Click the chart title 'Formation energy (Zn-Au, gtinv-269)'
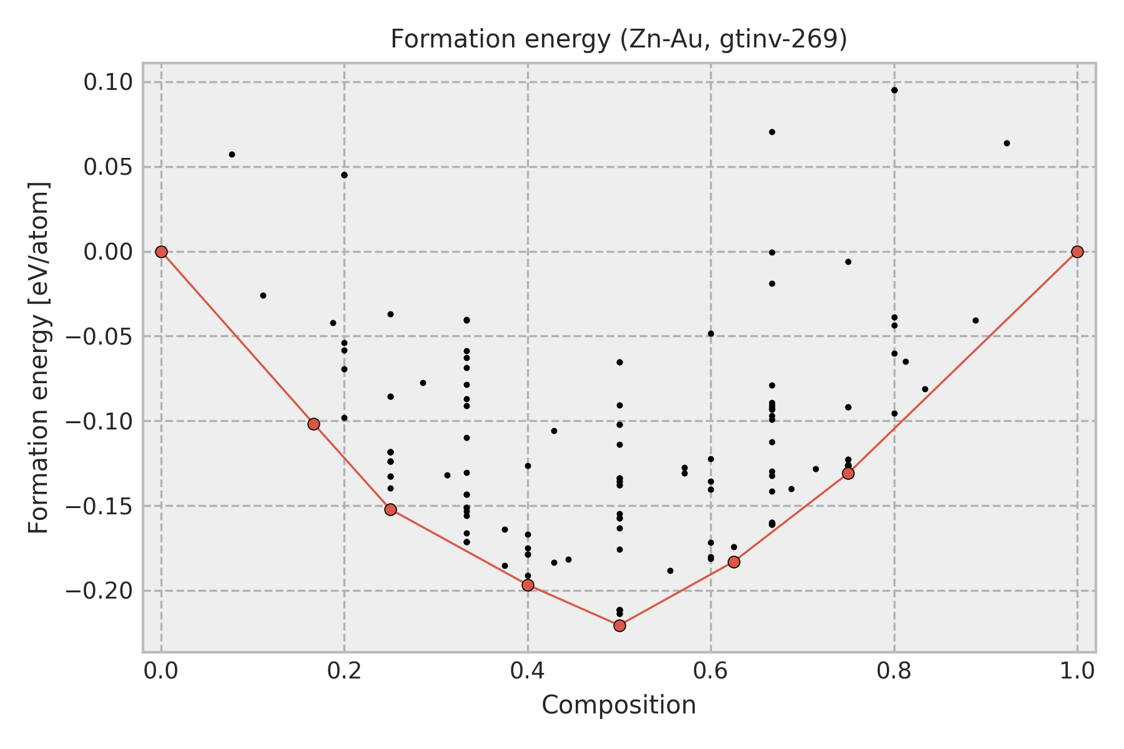coord(618,39)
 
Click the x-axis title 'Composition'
coord(618,705)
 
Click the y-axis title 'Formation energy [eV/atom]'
coord(39,358)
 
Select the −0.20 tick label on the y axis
coord(100,590)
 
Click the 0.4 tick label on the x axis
coord(528,670)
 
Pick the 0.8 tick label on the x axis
coord(894,670)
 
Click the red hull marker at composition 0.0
coord(161,252)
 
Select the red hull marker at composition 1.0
coord(1077,252)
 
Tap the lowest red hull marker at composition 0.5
coord(619,625)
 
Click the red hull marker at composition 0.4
coord(528,585)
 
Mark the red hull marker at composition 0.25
coord(390,509)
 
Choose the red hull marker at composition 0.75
coord(848,473)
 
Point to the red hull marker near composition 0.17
coord(313,424)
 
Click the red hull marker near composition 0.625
coord(734,562)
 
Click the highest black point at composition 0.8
coord(894,90)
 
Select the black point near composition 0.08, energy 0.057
coord(232,154)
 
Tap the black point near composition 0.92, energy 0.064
coord(1007,143)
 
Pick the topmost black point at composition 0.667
coord(772,132)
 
